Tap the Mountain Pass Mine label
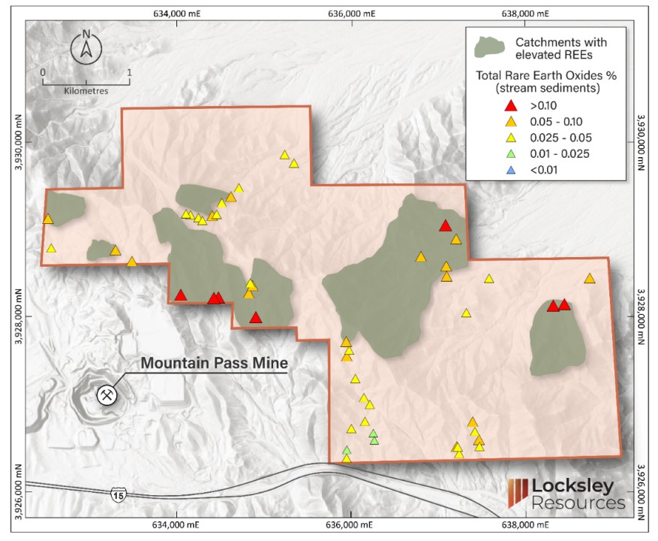coord(215,363)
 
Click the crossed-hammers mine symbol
coord(107,394)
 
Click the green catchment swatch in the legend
coord(490,47)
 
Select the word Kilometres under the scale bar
coord(86,90)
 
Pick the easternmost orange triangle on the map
coord(590,279)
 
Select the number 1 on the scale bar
coord(129,73)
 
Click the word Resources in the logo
coord(578,502)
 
